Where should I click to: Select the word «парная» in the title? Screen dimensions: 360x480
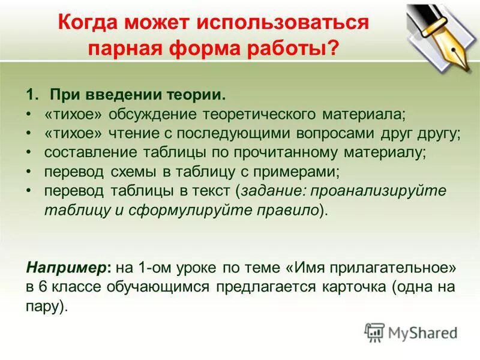coord(122,49)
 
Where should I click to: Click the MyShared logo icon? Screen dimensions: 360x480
coord(374,332)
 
